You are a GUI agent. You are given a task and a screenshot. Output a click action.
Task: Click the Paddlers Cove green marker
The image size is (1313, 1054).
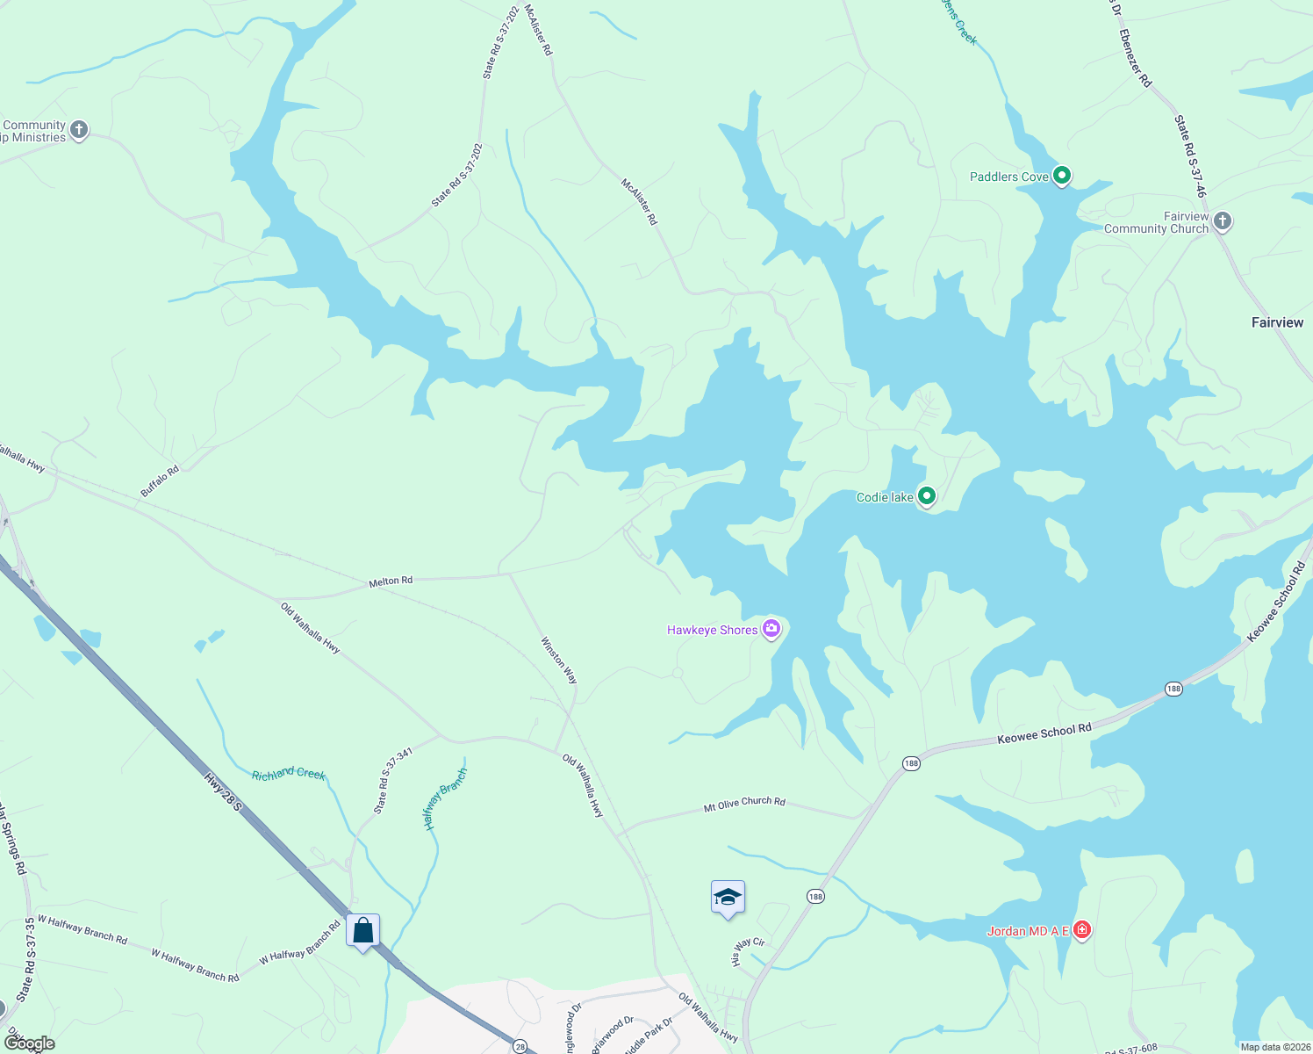coord(1061,176)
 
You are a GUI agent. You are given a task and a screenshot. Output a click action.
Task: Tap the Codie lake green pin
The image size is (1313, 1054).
coord(925,496)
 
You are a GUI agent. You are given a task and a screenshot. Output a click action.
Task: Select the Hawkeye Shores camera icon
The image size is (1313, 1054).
coord(771,628)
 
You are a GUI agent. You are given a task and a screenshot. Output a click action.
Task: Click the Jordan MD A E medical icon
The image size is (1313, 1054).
coord(1081,930)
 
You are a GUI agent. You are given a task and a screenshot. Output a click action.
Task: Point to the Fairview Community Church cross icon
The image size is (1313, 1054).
coord(1222,221)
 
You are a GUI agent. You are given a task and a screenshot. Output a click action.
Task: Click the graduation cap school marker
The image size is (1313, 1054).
coord(728,898)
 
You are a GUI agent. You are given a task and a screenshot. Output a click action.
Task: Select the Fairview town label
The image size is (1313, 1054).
coord(1277,322)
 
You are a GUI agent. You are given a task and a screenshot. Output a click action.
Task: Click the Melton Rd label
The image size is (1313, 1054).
coord(391,581)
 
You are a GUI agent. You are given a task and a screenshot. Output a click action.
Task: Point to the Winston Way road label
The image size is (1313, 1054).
coord(559,661)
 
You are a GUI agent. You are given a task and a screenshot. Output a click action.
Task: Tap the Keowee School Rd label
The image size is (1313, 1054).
coord(1044,733)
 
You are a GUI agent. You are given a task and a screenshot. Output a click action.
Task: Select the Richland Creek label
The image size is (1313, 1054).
coord(288,774)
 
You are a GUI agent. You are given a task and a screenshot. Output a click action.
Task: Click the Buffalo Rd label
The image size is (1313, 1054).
coord(160,481)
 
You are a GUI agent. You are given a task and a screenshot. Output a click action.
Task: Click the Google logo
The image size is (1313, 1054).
coord(29,1043)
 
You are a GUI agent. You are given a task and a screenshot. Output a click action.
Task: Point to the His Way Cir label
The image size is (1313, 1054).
coord(748,952)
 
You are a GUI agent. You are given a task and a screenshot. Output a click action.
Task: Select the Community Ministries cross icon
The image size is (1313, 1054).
coord(78,131)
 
